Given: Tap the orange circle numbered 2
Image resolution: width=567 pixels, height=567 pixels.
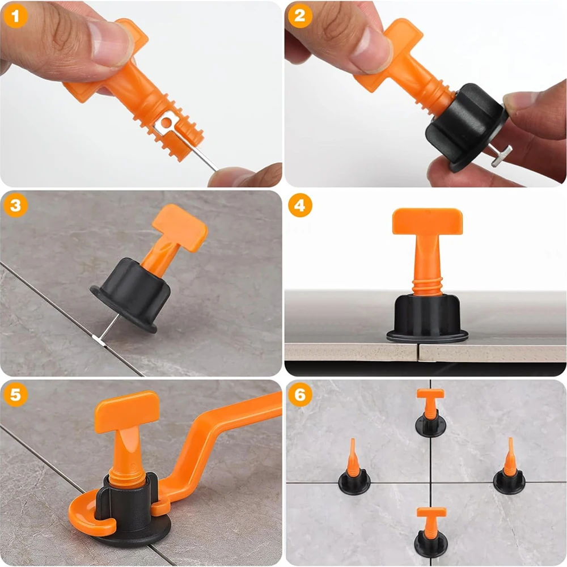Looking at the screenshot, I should tap(299, 16).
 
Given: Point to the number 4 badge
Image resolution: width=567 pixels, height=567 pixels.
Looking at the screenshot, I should tap(299, 206).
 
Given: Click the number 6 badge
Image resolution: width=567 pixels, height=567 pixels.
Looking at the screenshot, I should tap(299, 395).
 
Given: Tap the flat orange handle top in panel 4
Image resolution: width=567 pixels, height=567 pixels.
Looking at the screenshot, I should tap(427, 221).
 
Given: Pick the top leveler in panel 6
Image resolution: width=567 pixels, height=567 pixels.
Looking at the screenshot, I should tap(430, 414).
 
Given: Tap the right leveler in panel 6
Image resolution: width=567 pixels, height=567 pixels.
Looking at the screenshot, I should tap(509, 471).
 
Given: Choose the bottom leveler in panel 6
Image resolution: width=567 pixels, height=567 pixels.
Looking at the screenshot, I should tap(430, 533).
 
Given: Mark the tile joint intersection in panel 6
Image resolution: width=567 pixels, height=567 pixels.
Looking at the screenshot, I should tap(430, 483).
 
